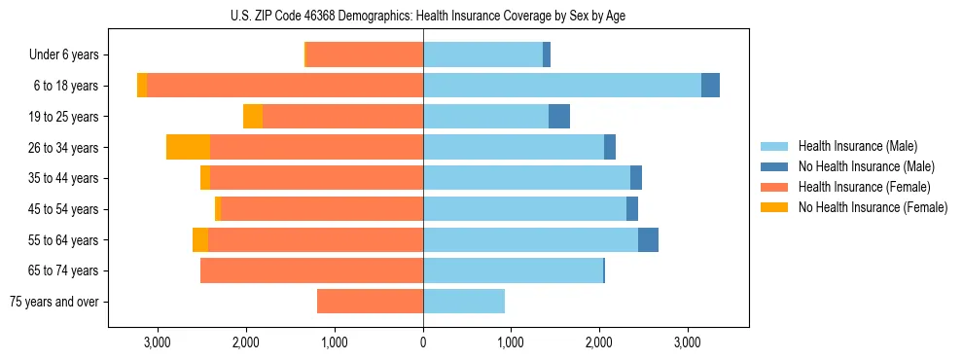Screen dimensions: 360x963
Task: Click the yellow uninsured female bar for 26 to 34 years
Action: (188, 147)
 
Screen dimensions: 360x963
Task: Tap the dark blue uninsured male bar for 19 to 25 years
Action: (559, 117)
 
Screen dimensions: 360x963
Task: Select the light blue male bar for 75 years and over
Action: (464, 302)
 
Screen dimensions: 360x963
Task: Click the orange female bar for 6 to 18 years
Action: (285, 86)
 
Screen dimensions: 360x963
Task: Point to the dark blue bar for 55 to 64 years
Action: (648, 239)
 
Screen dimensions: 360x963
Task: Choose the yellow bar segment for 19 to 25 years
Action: (253, 117)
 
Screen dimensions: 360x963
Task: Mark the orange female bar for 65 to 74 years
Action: (311, 270)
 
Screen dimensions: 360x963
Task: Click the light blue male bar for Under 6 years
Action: (482, 55)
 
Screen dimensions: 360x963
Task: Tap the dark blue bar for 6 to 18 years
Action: (710, 86)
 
